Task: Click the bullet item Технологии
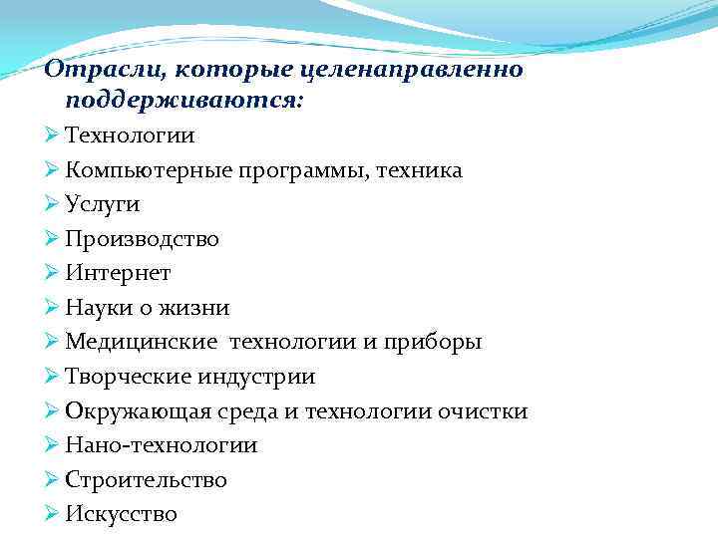[131, 135]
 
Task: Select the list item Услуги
[103, 204]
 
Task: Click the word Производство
[142, 239]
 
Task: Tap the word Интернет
[118, 273]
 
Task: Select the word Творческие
[129, 377]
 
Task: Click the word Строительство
[147, 480]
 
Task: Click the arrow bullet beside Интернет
[53, 272]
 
